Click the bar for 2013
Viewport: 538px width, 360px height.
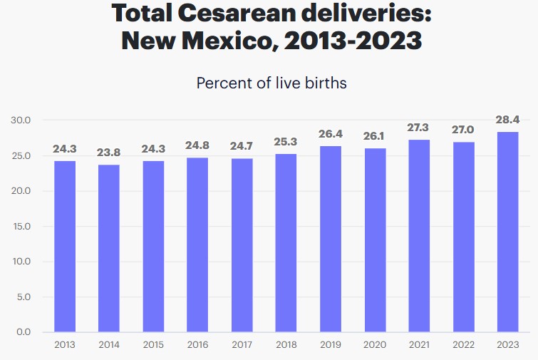65,246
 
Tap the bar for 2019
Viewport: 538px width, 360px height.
331,239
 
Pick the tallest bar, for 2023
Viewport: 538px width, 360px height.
508,232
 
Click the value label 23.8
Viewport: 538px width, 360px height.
109,152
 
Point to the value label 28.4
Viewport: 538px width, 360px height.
508,119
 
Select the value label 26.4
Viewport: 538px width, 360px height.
331,133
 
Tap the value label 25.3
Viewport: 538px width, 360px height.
286,141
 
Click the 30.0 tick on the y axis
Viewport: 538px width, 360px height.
21,120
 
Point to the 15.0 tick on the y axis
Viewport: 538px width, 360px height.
21,227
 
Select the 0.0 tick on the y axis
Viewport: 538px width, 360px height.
23,332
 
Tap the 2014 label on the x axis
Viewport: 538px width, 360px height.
109,344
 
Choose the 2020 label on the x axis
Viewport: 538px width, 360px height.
375,344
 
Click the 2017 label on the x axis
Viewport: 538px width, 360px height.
242,344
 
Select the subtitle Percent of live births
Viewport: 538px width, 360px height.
271,83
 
